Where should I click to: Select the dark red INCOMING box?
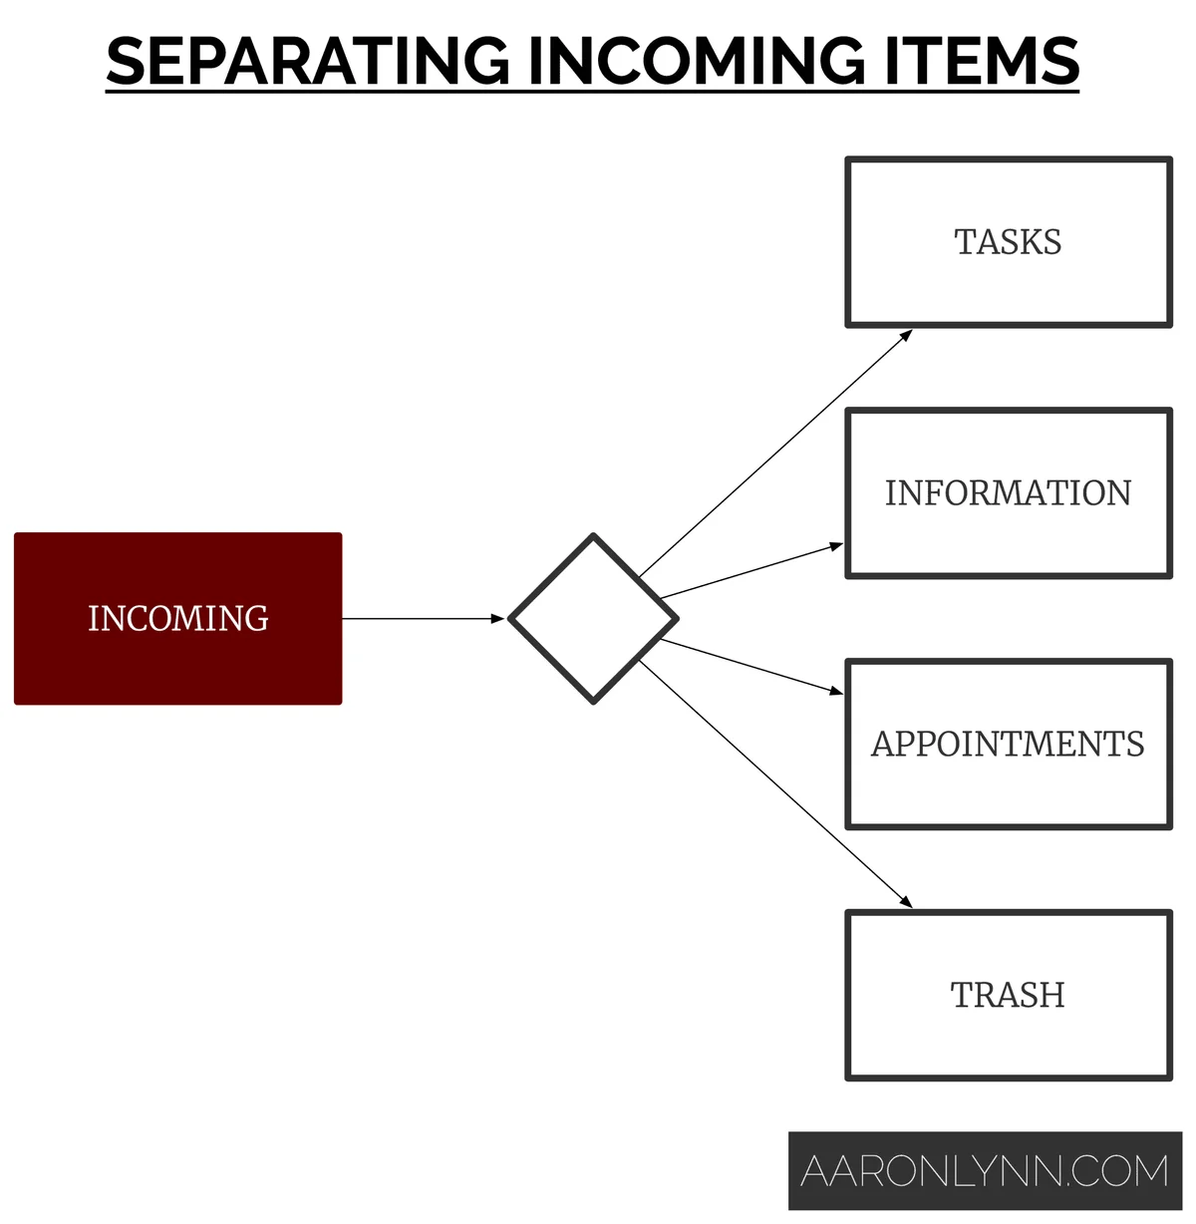[x=177, y=619]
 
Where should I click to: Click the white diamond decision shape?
[x=593, y=618]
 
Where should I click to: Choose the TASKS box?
[x=1008, y=242]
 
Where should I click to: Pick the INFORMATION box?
[x=1008, y=493]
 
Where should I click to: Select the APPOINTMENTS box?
[x=1008, y=744]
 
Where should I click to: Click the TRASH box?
[x=1008, y=995]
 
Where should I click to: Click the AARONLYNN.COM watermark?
[x=985, y=1171]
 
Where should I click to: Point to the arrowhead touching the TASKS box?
[x=907, y=334]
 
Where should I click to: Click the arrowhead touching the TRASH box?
[x=907, y=903]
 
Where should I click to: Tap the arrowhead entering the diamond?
[x=499, y=619]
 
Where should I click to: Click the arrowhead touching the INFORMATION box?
[x=838, y=545]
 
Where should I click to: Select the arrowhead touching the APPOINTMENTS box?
[x=838, y=692]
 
